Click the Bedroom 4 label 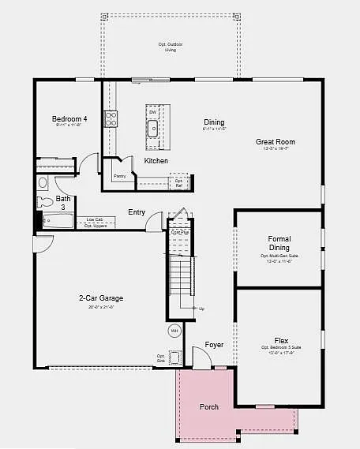tap(69, 119)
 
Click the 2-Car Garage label tap(100, 298)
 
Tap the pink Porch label tap(209, 407)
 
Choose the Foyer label tap(214, 345)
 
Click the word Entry tap(137, 212)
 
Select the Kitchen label tap(156, 161)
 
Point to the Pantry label tap(119, 176)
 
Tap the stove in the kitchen tap(111, 119)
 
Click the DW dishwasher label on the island tap(152, 112)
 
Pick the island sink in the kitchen tap(153, 129)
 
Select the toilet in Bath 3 tap(46, 183)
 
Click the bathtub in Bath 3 tap(55, 222)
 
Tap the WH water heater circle tap(174, 331)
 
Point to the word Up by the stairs tap(201, 309)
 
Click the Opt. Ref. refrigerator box tap(179, 181)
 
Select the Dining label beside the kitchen tap(214, 122)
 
